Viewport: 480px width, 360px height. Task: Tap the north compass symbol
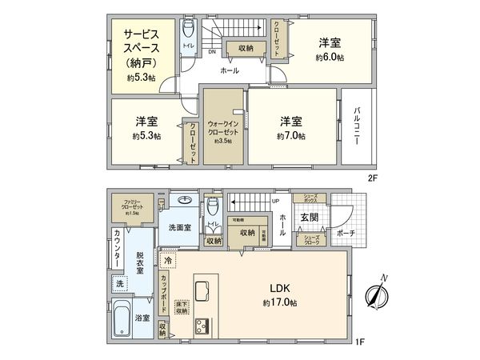[376, 293]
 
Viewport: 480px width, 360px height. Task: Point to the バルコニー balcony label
[360, 128]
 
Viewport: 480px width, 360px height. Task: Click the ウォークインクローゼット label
[221, 128]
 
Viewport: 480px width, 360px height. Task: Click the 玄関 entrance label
[310, 218]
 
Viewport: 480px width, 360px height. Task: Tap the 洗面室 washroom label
[179, 227]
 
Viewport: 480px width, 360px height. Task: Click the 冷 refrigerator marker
[167, 260]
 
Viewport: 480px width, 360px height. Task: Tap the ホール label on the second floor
[230, 70]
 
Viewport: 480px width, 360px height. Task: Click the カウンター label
[118, 248]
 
